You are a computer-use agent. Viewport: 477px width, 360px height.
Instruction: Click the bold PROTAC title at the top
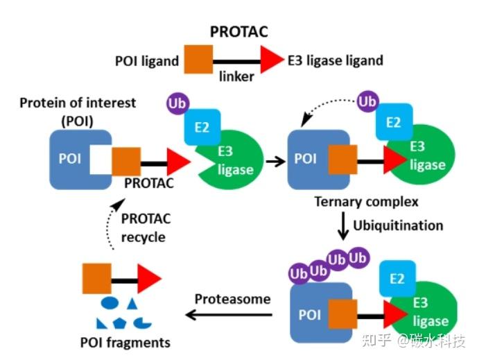238,33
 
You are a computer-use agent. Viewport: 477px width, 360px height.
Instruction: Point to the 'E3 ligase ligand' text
336,60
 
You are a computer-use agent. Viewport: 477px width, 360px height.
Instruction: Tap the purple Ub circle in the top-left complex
175,104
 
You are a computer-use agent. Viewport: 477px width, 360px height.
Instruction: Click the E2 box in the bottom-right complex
397,279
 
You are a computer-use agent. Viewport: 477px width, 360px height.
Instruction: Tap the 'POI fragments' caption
125,343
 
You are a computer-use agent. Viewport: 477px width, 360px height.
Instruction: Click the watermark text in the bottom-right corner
422,341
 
